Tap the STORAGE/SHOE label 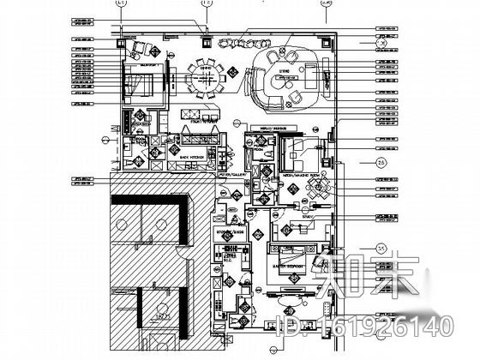coord(229,231)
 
